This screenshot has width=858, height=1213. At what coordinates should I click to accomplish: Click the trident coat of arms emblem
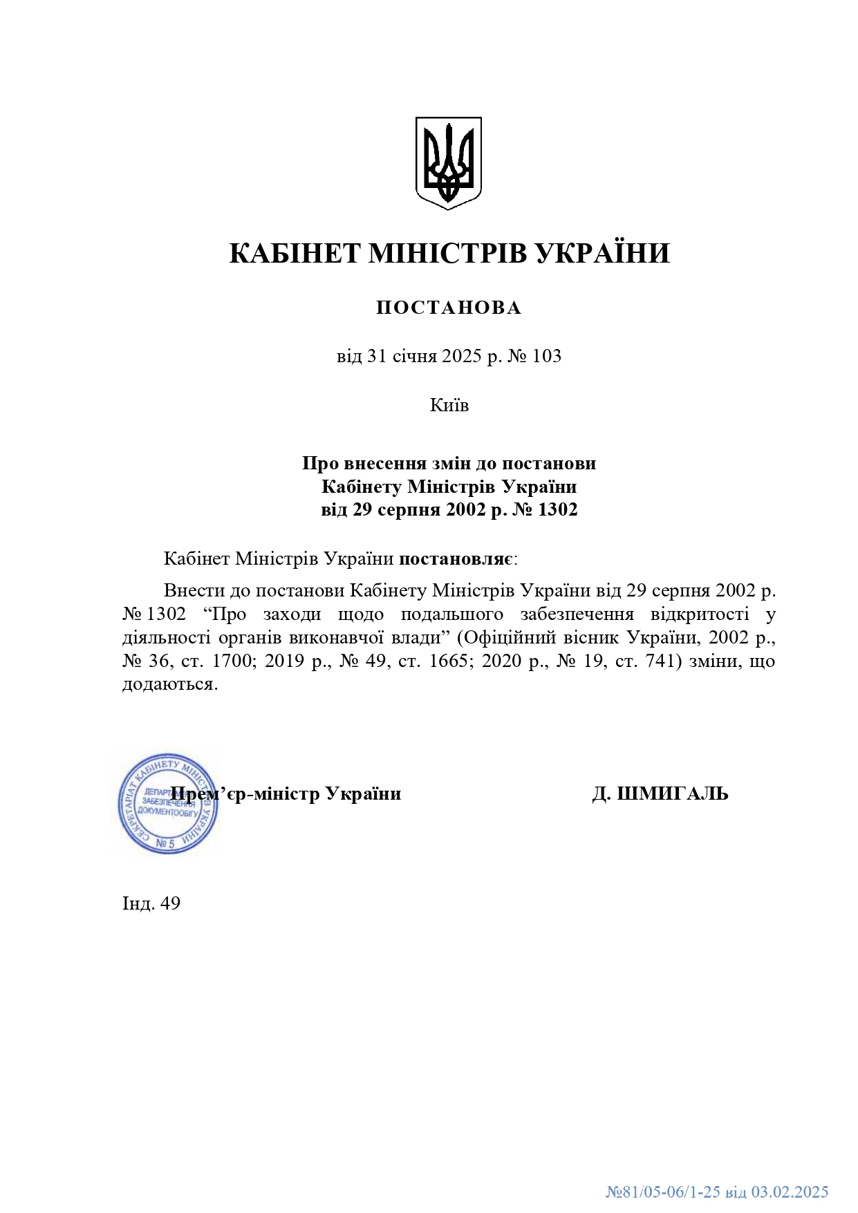[x=448, y=163]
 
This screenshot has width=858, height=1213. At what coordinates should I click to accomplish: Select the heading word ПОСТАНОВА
[x=449, y=308]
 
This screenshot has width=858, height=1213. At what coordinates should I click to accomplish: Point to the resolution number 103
[x=547, y=357]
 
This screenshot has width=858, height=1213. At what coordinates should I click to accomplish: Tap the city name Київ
[x=449, y=405]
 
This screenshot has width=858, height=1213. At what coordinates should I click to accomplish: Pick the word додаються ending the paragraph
[x=169, y=684]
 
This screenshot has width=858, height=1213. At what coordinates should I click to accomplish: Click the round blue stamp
[x=168, y=804]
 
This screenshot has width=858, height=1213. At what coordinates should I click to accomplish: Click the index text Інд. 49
[x=151, y=903]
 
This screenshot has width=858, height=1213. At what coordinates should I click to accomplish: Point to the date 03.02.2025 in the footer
[x=790, y=1192]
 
